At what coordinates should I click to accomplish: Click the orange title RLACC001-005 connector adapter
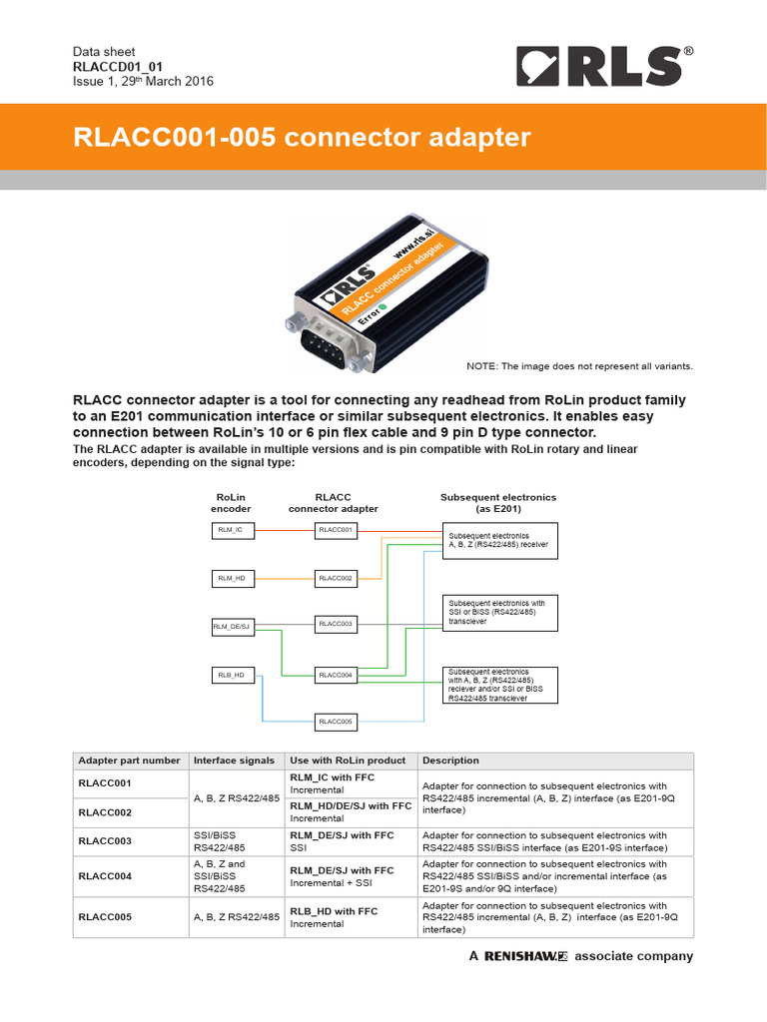pyautogui.click(x=302, y=137)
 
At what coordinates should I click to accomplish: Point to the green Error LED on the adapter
pyautogui.click(x=382, y=306)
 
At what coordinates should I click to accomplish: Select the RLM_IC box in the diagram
pyautogui.click(x=231, y=531)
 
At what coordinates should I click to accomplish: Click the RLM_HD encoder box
pyautogui.click(x=231, y=578)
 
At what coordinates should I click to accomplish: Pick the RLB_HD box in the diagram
pyautogui.click(x=231, y=675)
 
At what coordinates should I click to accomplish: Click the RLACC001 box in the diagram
pyautogui.click(x=336, y=531)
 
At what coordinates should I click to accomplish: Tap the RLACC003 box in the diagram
pyautogui.click(x=336, y=624)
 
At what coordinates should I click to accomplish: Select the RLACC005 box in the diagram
pyautogui.click(x=336, y=721)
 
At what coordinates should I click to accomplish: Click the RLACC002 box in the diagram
pyautogui.click(x=336, y=578)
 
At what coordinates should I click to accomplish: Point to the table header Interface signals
pyautogui.click(x=234, y=761)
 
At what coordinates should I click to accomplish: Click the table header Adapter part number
pyautogui.click(x=130, y=761)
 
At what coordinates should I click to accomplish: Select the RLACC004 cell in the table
pyautogui.click(x=105, y=876)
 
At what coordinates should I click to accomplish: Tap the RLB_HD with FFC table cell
pyautogui.click(x=334, y=911)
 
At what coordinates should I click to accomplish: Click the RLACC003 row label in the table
pyautogui.click(x=105, y=841)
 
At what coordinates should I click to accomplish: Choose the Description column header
pyautogui.click(x=450, y=761)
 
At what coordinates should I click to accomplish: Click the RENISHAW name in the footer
pyautogui.click(x=525, y=956)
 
